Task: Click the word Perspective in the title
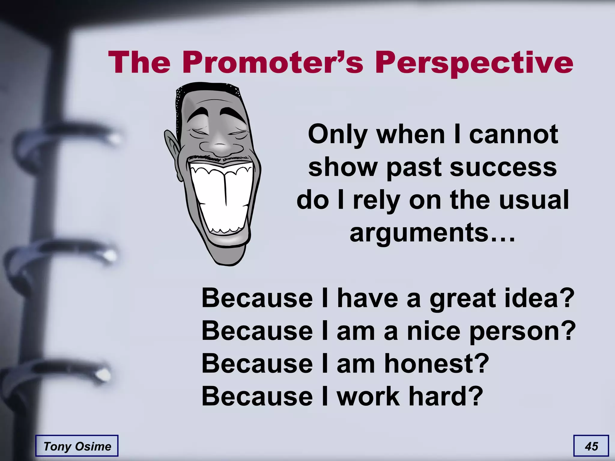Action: (x=474, y=63)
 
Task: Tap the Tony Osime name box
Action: (x=77, y=446)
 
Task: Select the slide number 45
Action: (x=591, y=446)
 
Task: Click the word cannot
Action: (x=514, y=134)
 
